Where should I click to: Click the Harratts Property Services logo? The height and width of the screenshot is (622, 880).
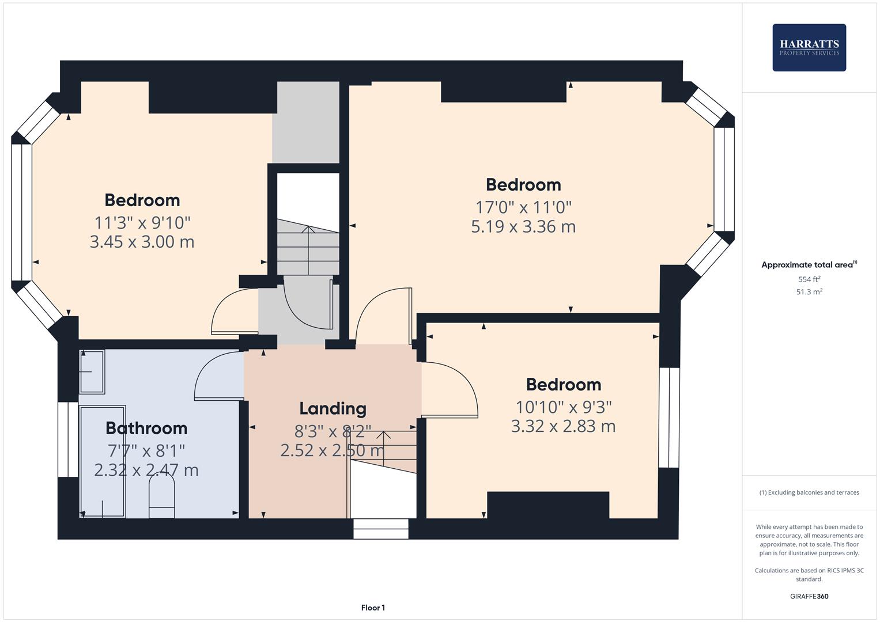pyautogui.click(x=809, y=47)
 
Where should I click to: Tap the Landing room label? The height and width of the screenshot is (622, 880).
pyautogui.click(x=333, y=408)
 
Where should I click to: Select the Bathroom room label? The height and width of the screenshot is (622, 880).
pyautogui.click(x=146, y=428)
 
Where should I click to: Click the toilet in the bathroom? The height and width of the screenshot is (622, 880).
pyautogui.click(x=161, y=499)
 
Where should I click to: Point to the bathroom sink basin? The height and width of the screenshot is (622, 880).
pyautogui.click(x=92, y=371)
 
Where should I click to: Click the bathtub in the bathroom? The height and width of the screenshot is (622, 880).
pyautogui.click(x=103, y=461)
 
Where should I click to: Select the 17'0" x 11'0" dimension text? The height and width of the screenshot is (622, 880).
pyautogui.click(x=523, y=207)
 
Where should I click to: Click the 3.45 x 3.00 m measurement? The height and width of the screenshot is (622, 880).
pyautogui.click(x=142, y=242)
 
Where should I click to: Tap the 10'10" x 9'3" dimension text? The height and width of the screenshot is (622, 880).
pyautogui.click(x=563, y=407)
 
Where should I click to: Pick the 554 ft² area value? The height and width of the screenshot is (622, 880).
pyautogui.click(x=809, y=279)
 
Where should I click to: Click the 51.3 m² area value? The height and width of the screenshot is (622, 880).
pyautogui.click(x=809, y=292)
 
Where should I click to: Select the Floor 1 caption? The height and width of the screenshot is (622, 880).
pyautogui.click(x=373, y=608)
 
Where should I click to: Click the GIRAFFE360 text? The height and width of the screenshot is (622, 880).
pyautogui.click(x=809, y=596)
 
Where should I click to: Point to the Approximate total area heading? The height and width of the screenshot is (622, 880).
pyautogui.click(x=809, y=265)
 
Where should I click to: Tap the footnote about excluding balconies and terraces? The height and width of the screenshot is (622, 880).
pyautogui.click(x=809, y=492)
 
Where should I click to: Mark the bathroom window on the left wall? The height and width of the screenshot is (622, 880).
pyautogui.click(x=68, y=439)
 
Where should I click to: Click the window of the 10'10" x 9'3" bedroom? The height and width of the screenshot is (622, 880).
pyautogui.click(x=669, y=418)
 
